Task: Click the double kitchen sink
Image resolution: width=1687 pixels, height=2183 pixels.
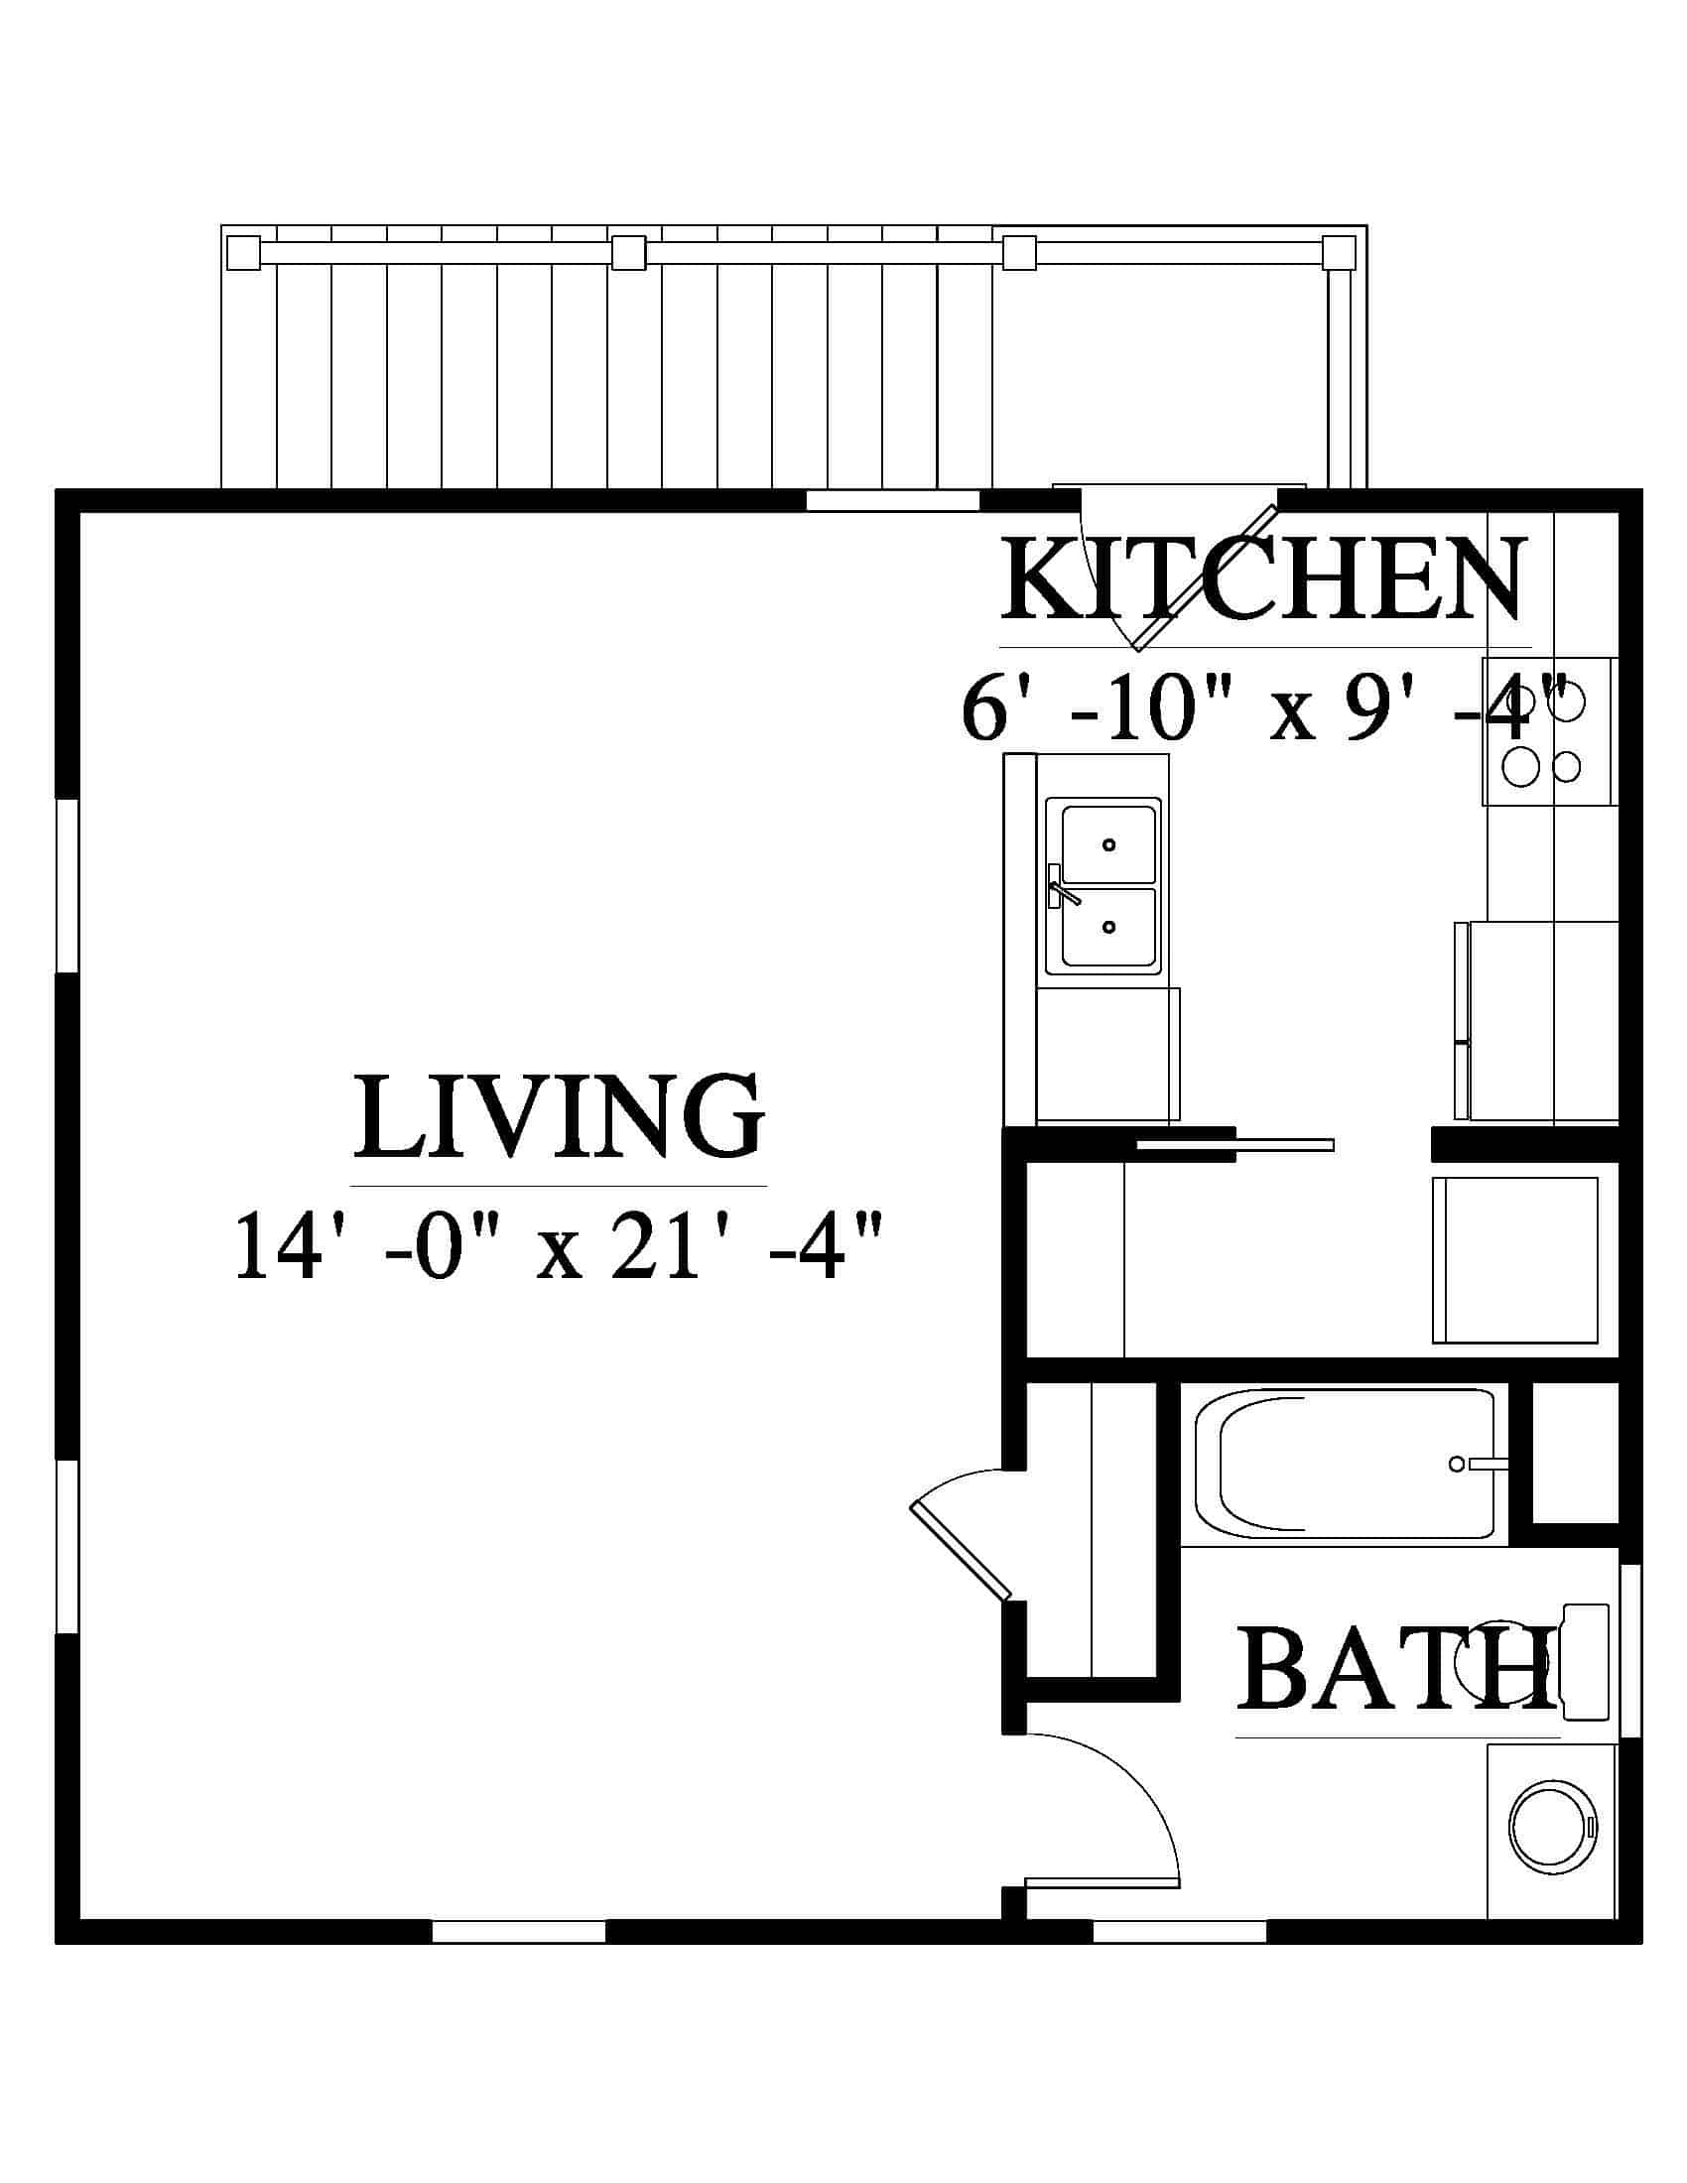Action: pos(1103,885)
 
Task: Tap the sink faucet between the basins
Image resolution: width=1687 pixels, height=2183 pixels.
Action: pos(1062,888)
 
